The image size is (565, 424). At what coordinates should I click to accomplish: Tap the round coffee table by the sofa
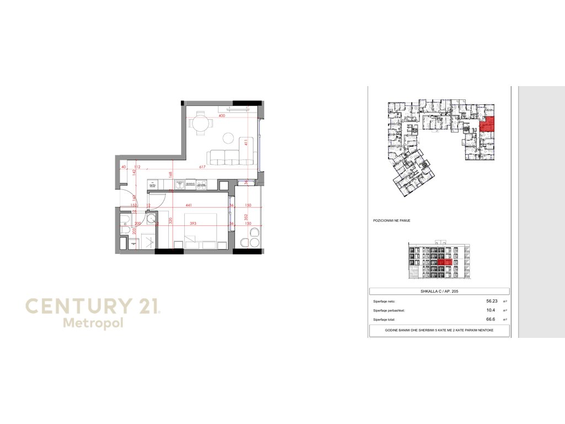click(229, 138)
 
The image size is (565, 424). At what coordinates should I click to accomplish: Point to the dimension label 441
click(189, 205)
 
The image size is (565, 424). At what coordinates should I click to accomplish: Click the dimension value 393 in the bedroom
click(193, 224)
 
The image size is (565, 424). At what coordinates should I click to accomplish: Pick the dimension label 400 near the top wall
click(222, 116)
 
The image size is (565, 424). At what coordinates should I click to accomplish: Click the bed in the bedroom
click(199, 241)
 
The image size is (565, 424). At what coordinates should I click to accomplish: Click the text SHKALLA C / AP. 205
click(439, 291)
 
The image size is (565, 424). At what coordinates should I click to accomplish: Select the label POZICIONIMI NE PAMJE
click(392, 220)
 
